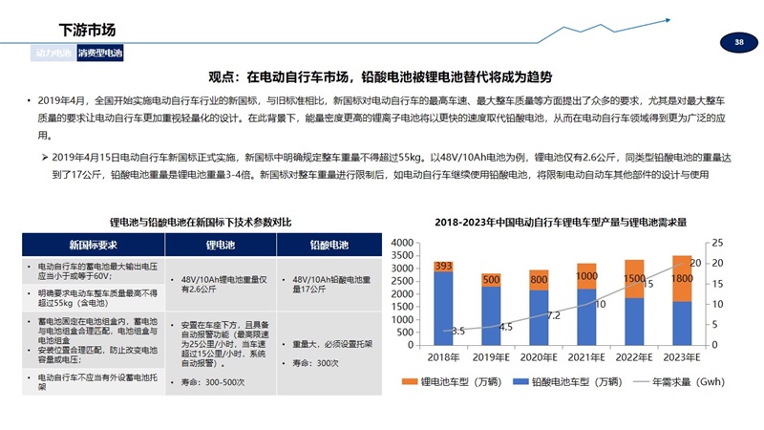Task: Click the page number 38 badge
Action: pos(738,43)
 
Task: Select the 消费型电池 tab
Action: pos(100,54)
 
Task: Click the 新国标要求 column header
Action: pos(84,244)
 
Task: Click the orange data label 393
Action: pos(443,267)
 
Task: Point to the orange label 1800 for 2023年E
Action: pos(682,278)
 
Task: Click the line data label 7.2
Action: pos(553,314)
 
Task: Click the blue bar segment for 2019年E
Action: pos(491,315)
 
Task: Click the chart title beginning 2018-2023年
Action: pos(561,222)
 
